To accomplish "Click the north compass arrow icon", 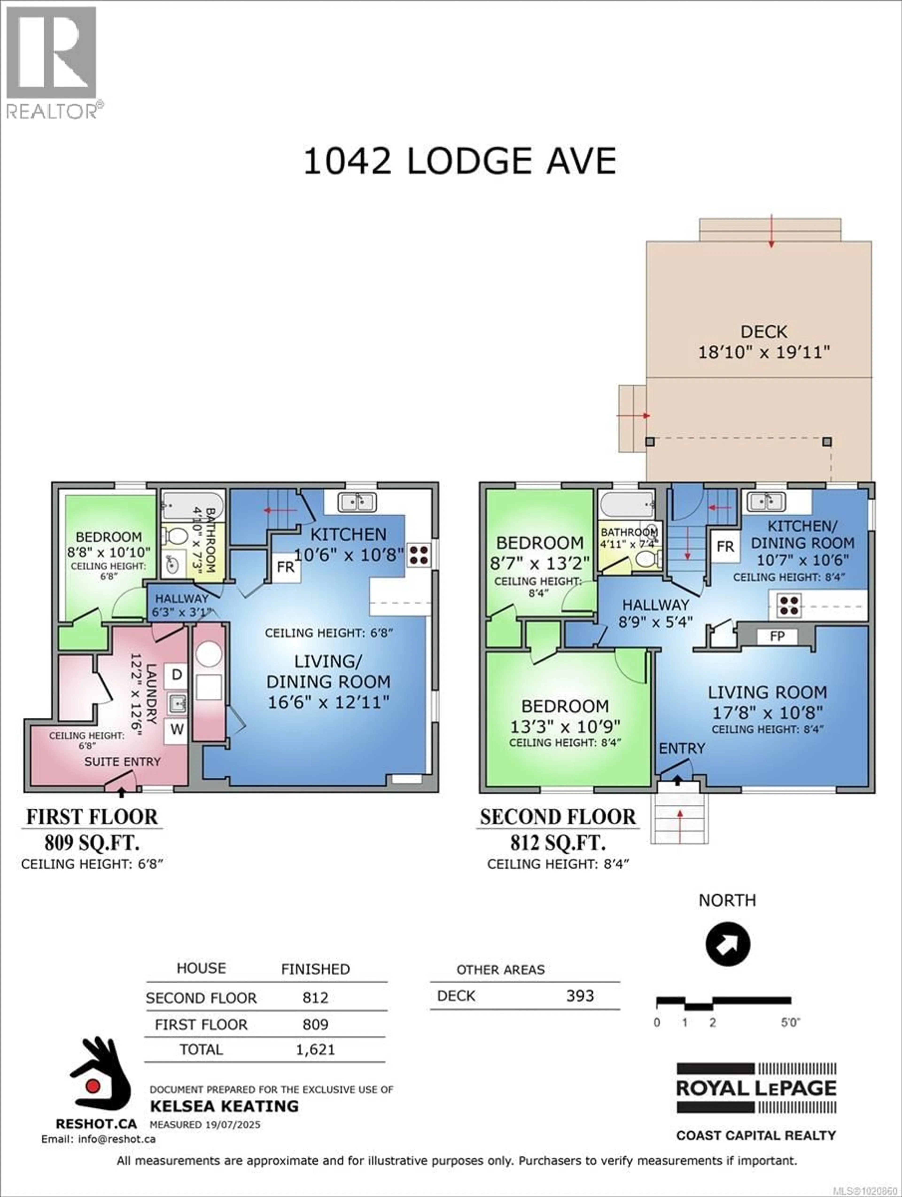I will (727, 944).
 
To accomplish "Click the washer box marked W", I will (176, 729).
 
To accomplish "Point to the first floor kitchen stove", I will (419, 555).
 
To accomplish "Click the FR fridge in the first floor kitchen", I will (286, 567).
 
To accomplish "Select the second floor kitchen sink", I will (766, 502).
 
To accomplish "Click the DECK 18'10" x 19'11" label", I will (764, 342).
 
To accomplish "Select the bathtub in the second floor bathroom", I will (626, 505).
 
